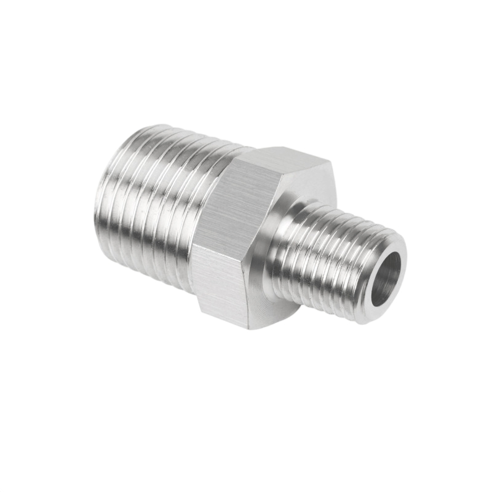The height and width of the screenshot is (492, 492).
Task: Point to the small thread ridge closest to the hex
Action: point(295,246)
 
